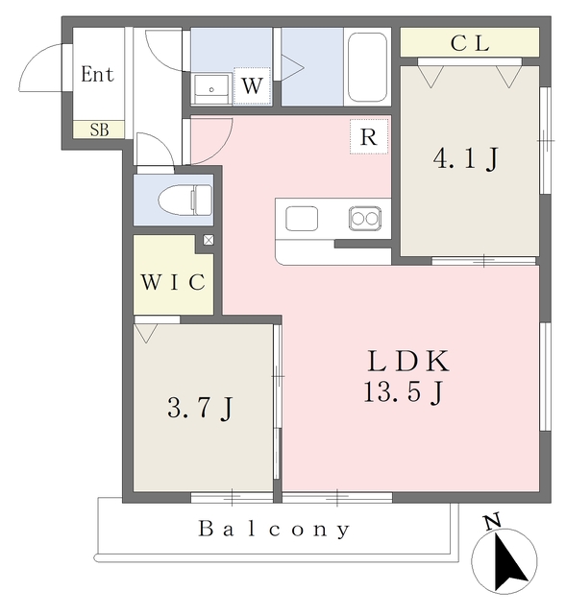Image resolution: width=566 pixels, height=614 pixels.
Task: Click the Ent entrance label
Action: (97, 74)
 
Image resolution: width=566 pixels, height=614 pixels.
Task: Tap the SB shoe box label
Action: (99, 130)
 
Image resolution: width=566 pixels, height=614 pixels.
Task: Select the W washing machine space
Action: (252, 86)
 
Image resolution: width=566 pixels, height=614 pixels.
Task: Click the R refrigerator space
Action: (369, 136)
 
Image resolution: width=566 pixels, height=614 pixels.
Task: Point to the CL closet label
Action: (470, 43)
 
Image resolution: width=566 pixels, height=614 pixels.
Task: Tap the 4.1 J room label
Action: (466, 158)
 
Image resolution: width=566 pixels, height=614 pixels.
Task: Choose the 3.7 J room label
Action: (201, 408)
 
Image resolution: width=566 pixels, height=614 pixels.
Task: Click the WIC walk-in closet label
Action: (173, 281)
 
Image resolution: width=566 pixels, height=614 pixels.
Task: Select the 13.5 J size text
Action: (404, 392)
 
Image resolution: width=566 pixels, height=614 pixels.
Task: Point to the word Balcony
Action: (274, 530)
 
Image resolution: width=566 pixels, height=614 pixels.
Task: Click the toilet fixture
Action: (185, 201)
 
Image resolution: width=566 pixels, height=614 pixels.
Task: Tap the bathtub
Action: (367, 67)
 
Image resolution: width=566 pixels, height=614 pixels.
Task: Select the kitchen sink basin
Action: (302, 219)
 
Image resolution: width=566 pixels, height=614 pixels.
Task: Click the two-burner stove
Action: (365, 218)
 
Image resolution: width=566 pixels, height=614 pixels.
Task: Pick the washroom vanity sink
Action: (211, 88)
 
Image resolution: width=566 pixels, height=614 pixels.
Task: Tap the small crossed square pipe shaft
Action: (209, 240)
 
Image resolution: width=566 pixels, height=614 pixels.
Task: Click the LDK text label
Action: (408, 362)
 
